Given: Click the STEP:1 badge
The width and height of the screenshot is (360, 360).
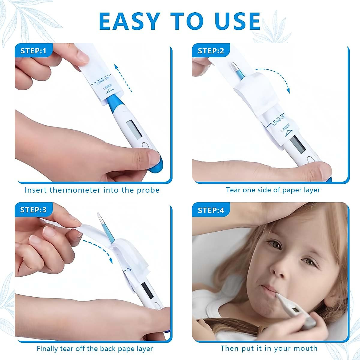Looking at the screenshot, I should (x=33, y=51).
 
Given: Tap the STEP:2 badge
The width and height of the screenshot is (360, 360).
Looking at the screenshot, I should (x=211, y=51).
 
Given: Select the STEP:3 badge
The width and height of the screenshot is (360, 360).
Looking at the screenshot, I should (x=33, y=209).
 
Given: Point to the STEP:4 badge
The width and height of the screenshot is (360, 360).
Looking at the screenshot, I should (x=211, y=210).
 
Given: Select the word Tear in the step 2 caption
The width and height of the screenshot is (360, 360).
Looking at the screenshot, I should (x=233, y=190).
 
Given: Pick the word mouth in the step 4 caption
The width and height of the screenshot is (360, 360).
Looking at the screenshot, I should (x=306, y=348).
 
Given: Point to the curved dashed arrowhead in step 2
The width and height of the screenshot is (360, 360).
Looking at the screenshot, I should (x=289, y=90).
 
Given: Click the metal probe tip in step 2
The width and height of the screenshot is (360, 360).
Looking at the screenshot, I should (x=233, y=67).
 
